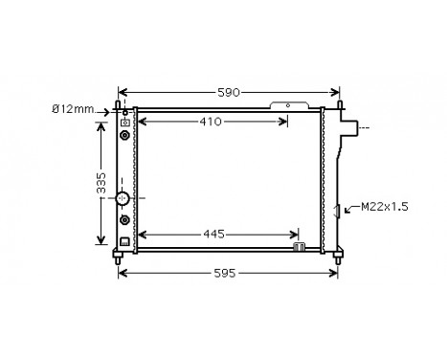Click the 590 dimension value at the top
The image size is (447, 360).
pyautogui.click(x=227, y=92)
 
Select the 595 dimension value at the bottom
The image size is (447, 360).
pyautogui.click(x=227, y=273)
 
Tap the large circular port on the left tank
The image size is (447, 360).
pyautogui.click(x=123, y=199)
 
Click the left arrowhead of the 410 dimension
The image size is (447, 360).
pyautogui.click(x=143, y=122)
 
